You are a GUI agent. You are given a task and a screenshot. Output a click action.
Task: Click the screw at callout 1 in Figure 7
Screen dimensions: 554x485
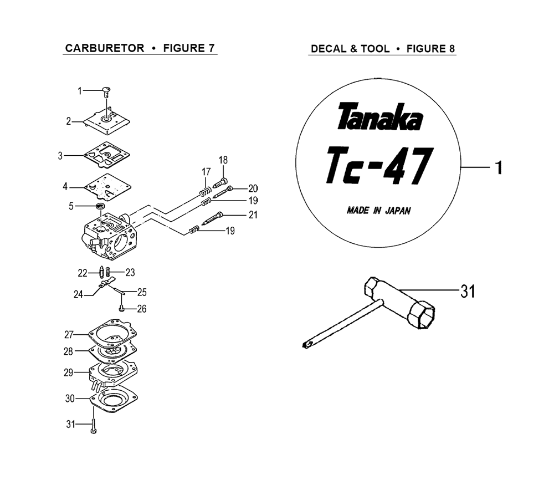106,93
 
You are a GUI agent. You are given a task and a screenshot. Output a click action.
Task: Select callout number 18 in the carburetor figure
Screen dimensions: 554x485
223,160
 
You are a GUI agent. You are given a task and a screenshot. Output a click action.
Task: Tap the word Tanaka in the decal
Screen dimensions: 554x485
379,116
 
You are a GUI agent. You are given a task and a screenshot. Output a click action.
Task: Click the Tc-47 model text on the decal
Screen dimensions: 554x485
378,165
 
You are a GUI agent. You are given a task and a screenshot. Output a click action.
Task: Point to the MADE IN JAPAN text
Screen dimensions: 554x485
378,211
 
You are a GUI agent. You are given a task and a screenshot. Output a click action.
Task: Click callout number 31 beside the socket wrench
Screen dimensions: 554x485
468,292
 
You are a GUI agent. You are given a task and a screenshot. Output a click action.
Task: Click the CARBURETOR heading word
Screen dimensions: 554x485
105,48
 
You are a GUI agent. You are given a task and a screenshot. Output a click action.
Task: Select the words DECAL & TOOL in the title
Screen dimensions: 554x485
350,49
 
